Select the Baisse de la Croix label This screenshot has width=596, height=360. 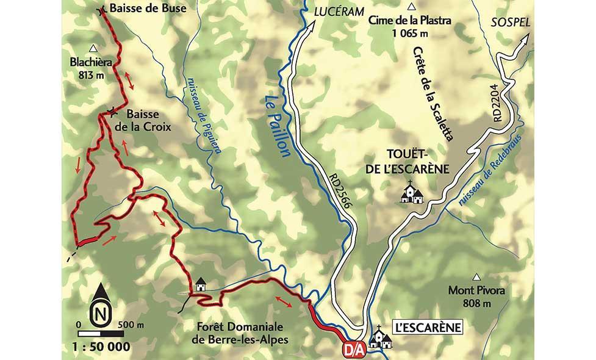[x=142, y=121]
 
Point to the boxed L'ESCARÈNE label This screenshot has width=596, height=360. [x=428, y=327]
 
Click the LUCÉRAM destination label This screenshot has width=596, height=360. [x=339, y=11]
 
